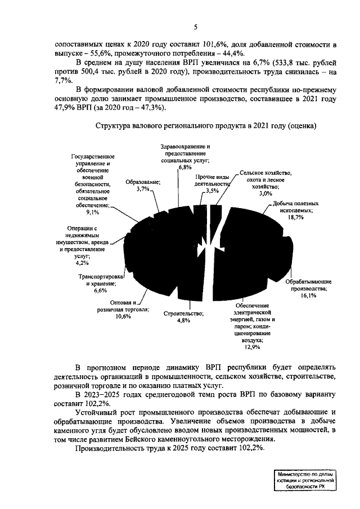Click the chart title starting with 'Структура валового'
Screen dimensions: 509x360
tap(206, 125)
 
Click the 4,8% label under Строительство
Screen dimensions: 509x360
tap(183, 320)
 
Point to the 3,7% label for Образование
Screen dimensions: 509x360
tap(144, 190)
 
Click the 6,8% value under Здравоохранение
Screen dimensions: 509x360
tap(185, 167)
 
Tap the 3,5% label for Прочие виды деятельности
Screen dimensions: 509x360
tap(213, 191)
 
